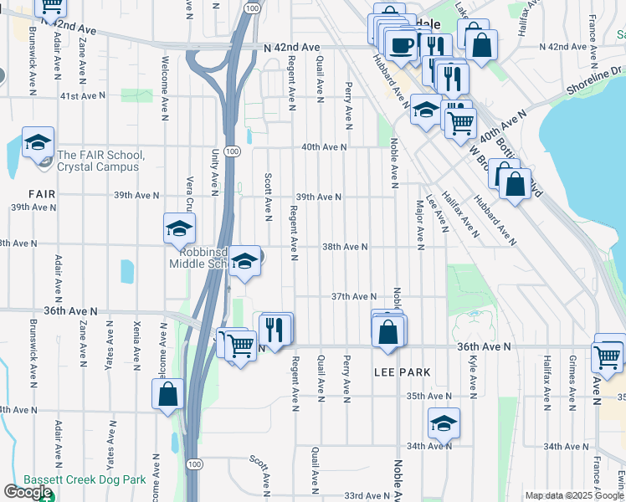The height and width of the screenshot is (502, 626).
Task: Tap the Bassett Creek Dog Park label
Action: tap(85, 480)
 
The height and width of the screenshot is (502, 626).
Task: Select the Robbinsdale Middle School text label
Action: tap(198, 256)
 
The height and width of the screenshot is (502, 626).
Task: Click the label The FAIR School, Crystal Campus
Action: tap(101, 161)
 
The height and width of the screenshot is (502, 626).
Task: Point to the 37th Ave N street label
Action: tap(353, 296)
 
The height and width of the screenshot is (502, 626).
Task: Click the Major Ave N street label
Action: tap(419, 223)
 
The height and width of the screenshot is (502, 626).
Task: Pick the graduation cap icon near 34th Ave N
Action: tap(444, 423)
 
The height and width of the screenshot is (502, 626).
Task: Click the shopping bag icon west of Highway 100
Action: tap(167, 395)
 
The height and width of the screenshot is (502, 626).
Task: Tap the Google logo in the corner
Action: tap(28, 492)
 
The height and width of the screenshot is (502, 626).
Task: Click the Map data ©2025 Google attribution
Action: tap(573, 495)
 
